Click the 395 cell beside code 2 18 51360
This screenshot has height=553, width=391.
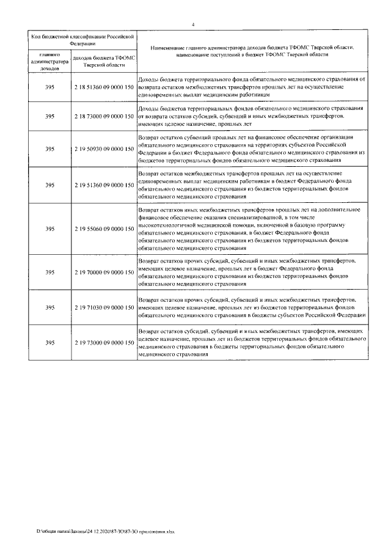pos(50,87)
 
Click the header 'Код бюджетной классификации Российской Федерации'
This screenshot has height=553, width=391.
pos(81,40)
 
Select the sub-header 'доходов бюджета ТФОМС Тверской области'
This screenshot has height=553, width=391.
pos(103,61)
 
